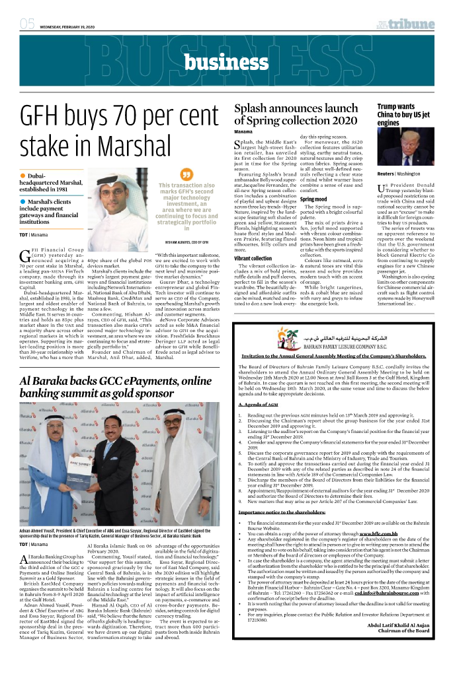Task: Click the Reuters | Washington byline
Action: [399, 174]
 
